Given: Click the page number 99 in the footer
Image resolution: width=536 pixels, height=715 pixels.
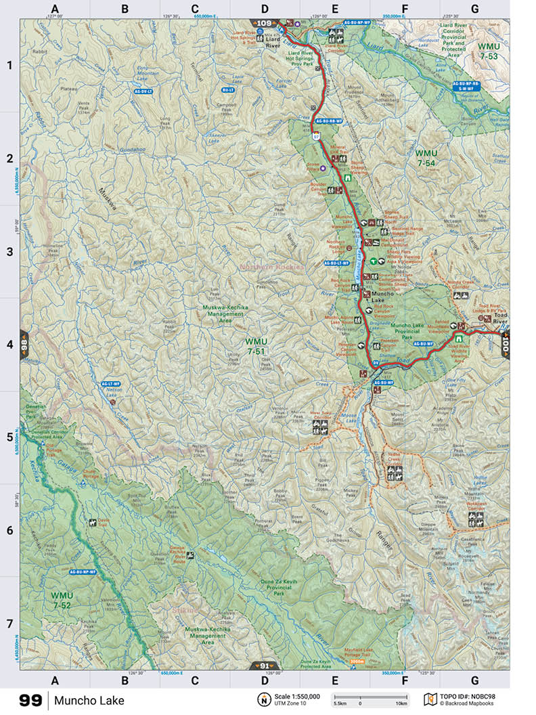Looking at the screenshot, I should coord(29,699).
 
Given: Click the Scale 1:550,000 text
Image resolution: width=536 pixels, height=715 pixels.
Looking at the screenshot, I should coord(297,696).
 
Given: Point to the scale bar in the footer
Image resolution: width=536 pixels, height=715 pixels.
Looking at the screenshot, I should coord(369,697).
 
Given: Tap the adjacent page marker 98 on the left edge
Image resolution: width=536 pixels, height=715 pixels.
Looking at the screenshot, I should coord(24,343).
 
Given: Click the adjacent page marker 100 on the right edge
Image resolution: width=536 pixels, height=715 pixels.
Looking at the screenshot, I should coord(505,344).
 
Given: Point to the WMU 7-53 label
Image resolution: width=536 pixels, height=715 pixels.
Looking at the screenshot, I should coord(487,51).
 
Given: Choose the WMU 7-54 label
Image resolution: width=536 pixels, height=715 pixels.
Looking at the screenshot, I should coord(426,158).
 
